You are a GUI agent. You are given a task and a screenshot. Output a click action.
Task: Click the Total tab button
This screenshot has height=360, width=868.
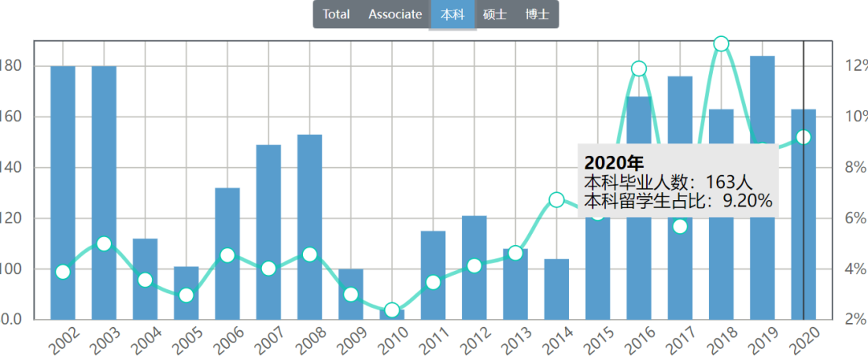click(337, 14)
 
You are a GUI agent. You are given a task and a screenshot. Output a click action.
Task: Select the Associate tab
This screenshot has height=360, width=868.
click(395, 14)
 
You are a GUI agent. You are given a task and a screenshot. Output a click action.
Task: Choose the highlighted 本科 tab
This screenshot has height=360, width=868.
click(453, 14)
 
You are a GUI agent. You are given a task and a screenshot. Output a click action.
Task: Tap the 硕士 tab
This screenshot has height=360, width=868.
click(494, 14)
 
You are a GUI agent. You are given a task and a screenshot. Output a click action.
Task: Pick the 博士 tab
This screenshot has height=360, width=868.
click(537, 14)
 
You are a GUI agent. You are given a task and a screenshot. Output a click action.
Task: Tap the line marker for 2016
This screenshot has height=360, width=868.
click(639, 68)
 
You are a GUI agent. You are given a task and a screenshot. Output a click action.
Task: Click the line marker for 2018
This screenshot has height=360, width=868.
click(721, 43)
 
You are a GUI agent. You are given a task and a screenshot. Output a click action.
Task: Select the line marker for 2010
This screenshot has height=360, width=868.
click(392, 310)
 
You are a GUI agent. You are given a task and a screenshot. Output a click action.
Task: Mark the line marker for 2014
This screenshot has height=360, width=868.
click(556, 199)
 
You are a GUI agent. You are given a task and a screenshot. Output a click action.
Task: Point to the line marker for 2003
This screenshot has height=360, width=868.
click(104, 243)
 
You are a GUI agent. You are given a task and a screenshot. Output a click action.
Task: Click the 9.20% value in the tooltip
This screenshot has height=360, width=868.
click(747, 200)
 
